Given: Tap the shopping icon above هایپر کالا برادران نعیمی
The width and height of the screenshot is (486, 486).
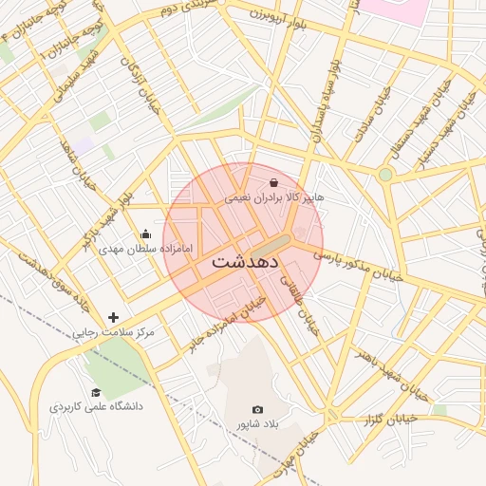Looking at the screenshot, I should click(x=273, y=182).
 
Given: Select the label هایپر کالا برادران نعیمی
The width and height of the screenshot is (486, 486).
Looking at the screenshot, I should click(x=273, y=198).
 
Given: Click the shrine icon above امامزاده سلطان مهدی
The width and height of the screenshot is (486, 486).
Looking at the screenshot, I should click(x=145, y=234).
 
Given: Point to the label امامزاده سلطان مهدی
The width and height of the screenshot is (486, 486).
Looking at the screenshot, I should click(x=145, y=249).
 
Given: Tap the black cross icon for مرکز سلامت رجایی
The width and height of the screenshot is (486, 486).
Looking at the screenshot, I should click(x=114, y=317).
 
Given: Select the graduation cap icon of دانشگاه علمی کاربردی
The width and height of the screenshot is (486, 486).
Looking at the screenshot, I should click(x=96, y=392).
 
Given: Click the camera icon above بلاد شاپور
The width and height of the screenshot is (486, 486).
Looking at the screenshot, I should click(x=257, y=409).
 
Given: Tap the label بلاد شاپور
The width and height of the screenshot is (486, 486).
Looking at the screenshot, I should click(x=257, y=424).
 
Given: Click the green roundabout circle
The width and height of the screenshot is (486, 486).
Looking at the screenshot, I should click(x=385, y=175).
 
